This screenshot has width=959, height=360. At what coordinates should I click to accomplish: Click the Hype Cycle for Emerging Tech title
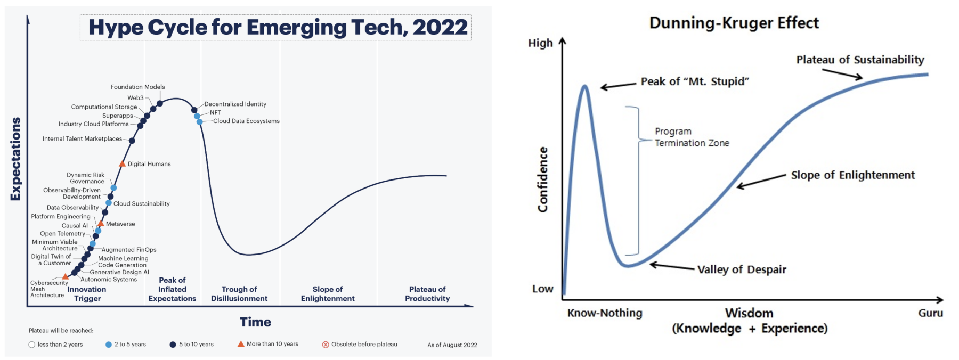[278, 28]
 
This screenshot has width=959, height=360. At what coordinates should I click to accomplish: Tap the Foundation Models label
[137, 87]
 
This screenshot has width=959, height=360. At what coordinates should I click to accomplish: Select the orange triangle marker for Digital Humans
[122, 164]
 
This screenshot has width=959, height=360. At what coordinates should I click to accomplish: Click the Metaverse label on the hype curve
[120, 224]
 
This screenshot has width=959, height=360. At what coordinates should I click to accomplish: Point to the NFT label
[215, 113]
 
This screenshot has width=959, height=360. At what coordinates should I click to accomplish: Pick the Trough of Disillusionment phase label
[239, 294]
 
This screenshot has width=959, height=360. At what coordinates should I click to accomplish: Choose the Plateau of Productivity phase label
[427, 294]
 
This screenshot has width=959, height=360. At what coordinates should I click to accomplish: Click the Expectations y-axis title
[15, 159]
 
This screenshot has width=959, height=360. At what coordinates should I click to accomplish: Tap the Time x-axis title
[255, 322]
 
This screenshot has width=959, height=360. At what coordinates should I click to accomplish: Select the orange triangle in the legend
[241, 344]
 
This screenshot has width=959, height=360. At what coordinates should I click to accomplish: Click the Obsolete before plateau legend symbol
[326, 345]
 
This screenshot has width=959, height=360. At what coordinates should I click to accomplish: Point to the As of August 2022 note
[452, 345]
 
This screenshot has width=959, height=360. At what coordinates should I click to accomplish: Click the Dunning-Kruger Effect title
[734, 23]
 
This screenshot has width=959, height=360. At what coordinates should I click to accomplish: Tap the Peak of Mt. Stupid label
[695, 81]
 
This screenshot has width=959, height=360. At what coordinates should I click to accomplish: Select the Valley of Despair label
[742, 269]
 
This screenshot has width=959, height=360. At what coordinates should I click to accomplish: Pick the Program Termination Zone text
[692, 137]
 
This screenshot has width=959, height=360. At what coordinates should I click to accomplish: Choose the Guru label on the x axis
[930, 313]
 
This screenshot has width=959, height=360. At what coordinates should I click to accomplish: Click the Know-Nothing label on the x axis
[605, 313]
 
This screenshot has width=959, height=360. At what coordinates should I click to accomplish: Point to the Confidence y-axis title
[543, 179]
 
